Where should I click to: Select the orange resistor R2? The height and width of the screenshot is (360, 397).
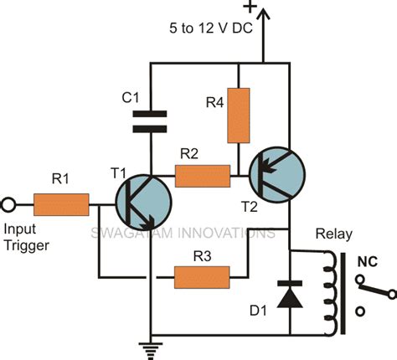pos(203,175)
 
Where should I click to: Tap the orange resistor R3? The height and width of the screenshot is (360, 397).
pos(202,277)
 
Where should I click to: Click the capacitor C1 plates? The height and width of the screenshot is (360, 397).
pos(151,122)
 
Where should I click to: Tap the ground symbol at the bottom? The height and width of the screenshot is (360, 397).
pos(151,342)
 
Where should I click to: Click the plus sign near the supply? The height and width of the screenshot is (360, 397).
pos(250,8)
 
